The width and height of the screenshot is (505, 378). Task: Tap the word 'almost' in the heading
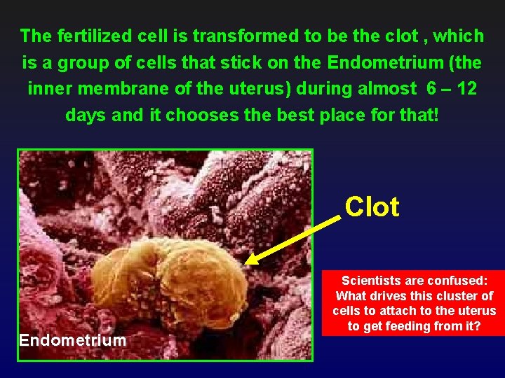tap(382, 89)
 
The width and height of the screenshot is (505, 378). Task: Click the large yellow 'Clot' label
tap(372, 207)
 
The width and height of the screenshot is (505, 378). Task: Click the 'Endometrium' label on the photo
tap(73, 341)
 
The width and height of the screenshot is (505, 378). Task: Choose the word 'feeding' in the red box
tap(408, 327)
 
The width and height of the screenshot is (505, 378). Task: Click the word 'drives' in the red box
tap(393, 296)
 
